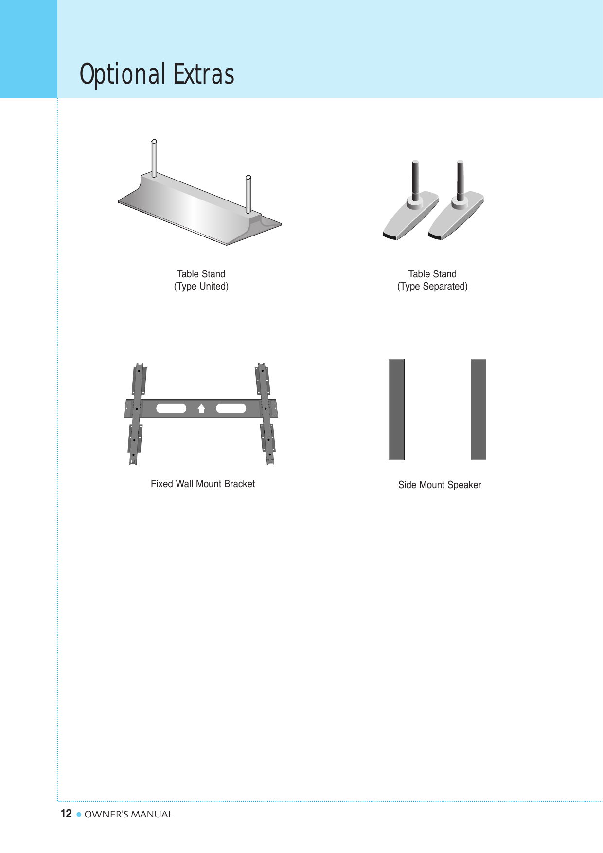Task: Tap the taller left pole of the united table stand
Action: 154,158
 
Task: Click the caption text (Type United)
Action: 201,287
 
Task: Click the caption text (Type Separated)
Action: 432,287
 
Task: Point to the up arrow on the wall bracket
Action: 201,408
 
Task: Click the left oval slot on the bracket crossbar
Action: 171,408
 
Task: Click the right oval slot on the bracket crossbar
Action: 231,408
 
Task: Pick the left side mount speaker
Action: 396,409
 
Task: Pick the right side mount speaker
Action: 478,409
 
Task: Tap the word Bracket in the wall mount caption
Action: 239,484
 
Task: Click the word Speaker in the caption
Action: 464,485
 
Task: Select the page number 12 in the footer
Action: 66,814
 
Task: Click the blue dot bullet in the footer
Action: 79,814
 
